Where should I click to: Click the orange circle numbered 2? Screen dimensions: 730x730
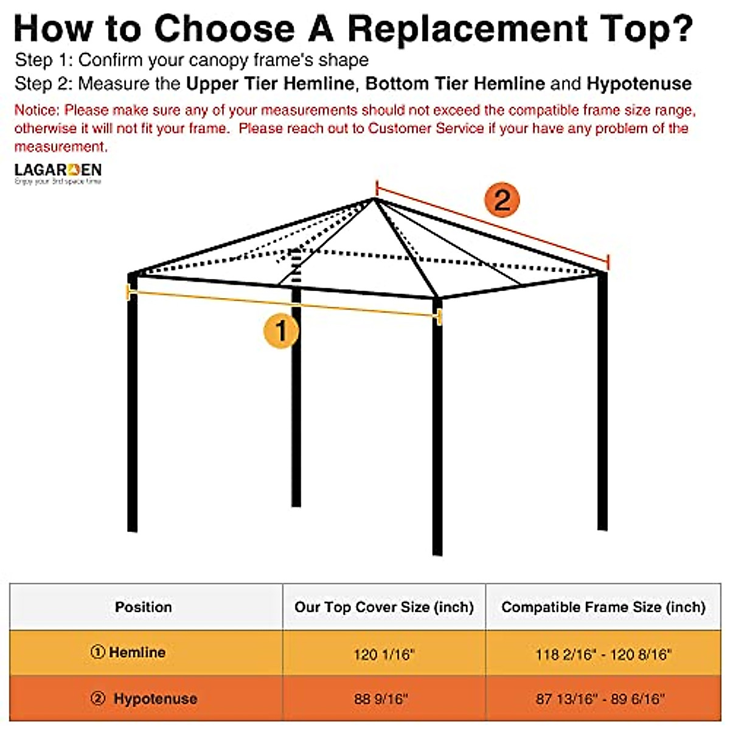[502, 200]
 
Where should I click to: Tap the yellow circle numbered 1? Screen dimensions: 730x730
[280, 331]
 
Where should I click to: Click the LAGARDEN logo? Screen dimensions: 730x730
[58, 173]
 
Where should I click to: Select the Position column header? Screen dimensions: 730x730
[144, 607]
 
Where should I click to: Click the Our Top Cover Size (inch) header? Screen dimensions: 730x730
[384, 607]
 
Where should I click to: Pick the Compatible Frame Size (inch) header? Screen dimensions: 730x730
[603, 607]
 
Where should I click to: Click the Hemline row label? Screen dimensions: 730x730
[129, 653]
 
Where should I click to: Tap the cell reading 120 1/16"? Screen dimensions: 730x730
[384, 655]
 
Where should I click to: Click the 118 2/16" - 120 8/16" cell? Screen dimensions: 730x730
[603, 655]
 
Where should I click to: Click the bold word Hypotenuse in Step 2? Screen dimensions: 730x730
[639, 83]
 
